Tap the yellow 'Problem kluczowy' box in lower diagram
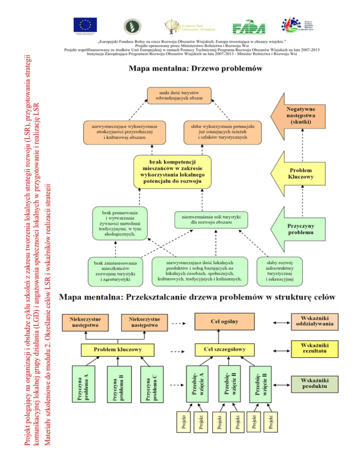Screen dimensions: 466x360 (118, 350)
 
